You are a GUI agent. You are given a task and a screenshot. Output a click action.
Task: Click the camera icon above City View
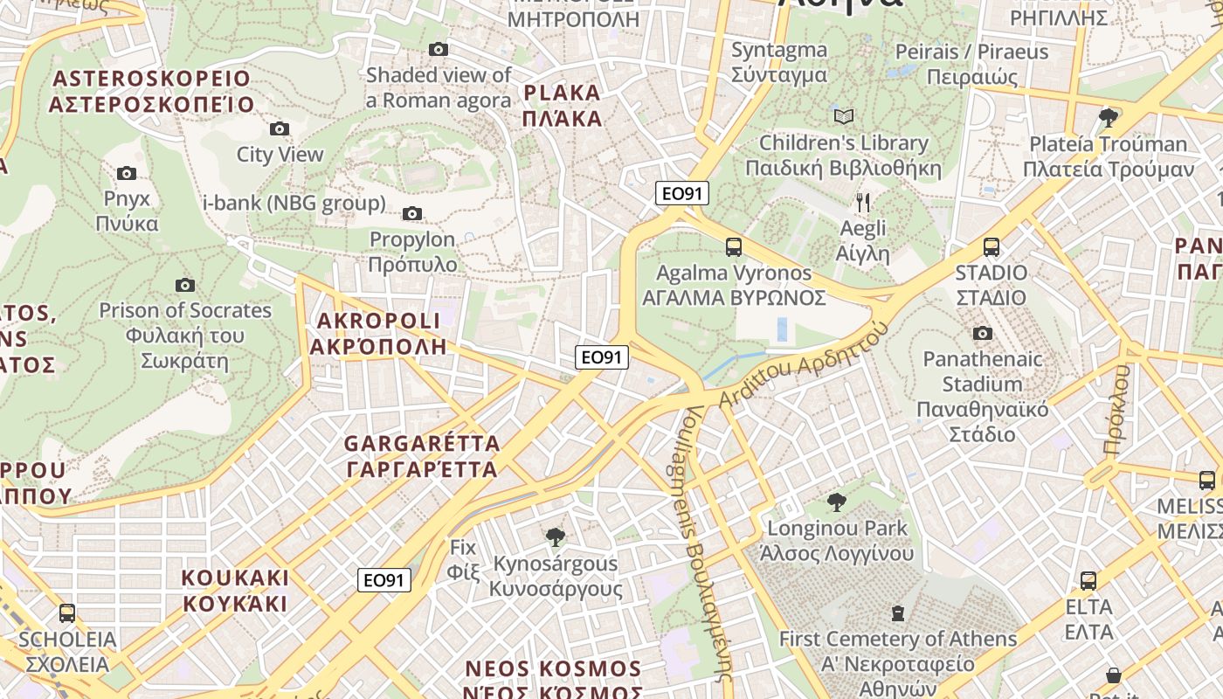point(280,129)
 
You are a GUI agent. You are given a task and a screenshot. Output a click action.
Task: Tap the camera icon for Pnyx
point(127,174)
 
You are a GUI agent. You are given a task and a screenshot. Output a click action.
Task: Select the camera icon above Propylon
point(412,214)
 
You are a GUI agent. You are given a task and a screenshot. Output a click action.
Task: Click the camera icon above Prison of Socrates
point(184,286)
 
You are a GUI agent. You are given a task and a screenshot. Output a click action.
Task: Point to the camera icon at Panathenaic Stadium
point(983,334)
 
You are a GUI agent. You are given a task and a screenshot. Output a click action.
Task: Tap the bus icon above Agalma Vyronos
point(734,247)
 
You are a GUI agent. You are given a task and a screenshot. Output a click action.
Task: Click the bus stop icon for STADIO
point(991,247)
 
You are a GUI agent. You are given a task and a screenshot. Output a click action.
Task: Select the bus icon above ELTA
point(1088,581)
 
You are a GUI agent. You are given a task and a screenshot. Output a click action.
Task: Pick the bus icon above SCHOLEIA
point(67,613)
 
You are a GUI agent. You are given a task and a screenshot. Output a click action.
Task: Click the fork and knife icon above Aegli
point(863,204)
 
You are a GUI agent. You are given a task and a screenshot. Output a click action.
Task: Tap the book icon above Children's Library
point(843,116)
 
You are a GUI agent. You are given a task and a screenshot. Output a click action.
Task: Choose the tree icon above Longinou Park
point(836,502)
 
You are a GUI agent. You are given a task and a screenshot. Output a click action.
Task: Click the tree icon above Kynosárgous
point(554,537)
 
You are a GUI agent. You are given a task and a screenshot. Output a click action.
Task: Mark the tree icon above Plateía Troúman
point(1109,117)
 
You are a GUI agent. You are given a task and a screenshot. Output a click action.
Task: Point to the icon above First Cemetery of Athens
point(897,613)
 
